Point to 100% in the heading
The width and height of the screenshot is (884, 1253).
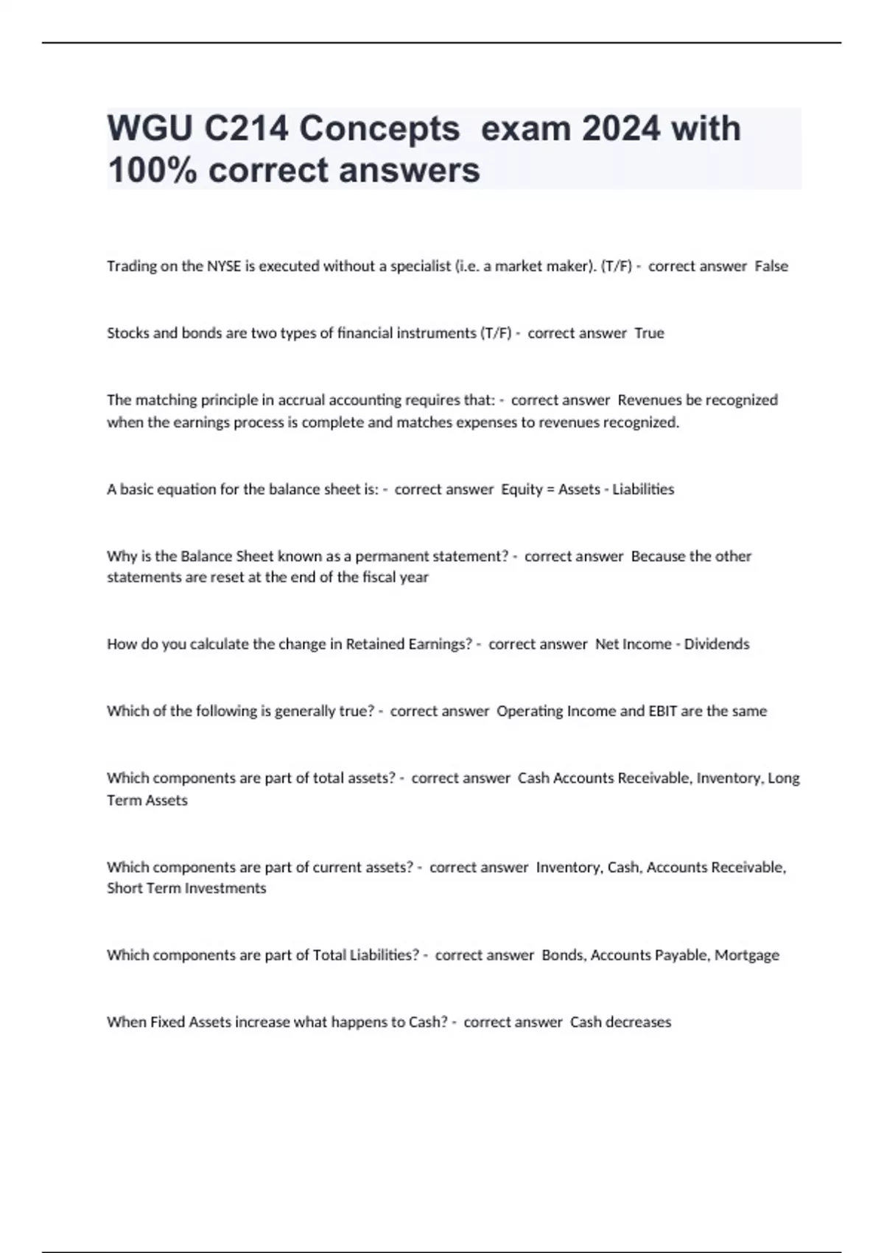pos(152,170)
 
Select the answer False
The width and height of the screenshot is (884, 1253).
pos(771,266)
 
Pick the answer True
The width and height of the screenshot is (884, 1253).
pos(649,333)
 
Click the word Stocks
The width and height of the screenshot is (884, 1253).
pos(127,333)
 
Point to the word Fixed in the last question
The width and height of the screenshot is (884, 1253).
pos(167,1022)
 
